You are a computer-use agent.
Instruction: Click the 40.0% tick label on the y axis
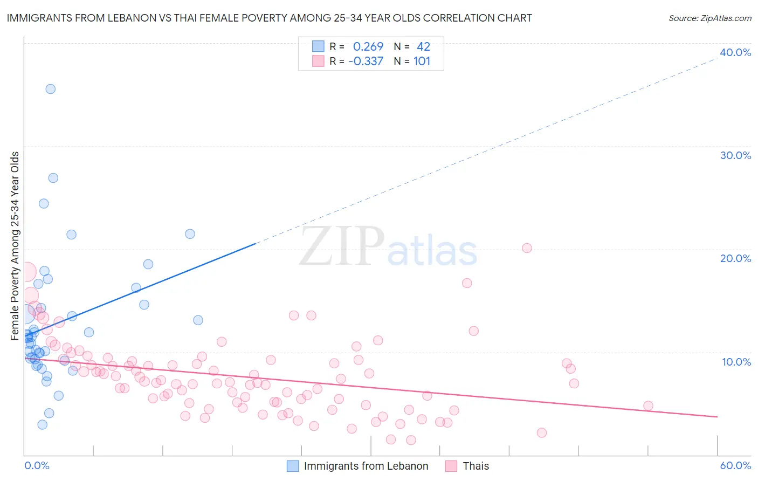(x=735, y=52)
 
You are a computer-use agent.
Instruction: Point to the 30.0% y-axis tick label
(x=735, y=155)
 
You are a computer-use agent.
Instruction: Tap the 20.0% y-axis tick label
(x=735, y=258)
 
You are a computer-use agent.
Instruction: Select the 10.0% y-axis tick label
(x=736, y=362)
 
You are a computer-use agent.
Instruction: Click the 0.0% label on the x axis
(x=37, y=465)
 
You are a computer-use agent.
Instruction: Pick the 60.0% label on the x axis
(x=735, y=465)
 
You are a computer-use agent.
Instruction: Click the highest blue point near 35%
(x=50, y=89)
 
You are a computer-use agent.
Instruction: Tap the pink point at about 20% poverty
(x=527, y=248)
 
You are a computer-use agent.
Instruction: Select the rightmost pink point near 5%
(x=648, y=406)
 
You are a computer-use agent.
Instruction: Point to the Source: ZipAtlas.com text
(x=709, y=18)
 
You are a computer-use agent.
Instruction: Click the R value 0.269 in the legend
(x=368, y=47)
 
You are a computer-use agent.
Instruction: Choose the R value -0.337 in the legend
(x=366, y=61)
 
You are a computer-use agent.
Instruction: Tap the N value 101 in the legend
(x=422, y=61)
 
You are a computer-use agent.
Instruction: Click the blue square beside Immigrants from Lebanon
(x=293, y=466)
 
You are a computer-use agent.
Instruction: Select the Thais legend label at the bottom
(x=476, y=466)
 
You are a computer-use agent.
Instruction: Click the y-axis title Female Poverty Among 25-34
(x=15, y=246)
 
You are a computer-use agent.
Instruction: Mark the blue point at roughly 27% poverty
(x=53, y=178)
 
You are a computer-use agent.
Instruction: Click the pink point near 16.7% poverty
(x=467, y=283)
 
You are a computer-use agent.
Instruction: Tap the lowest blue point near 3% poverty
(x=42, y=424)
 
